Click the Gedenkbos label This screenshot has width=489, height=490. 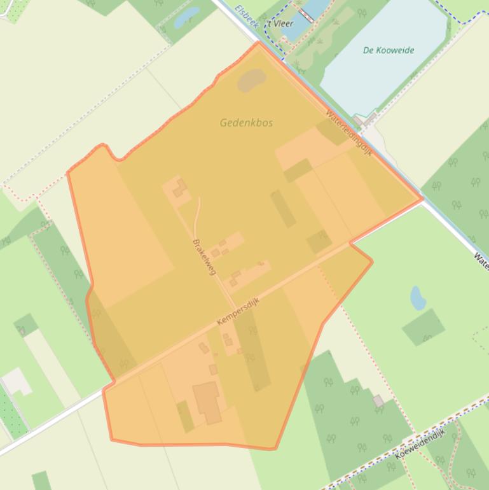point(246,122)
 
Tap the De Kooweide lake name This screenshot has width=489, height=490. point(389,50)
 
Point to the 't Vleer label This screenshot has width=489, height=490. point(280,24)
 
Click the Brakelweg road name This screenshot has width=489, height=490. point(205,256)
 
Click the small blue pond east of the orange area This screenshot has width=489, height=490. point(418,298)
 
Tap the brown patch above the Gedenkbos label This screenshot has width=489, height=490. point(252,80)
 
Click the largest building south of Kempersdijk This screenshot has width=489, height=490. point(207,402)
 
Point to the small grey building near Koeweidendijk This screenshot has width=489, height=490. point(378,401)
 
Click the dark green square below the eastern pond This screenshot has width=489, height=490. point(424,327)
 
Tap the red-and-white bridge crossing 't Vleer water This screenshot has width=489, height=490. point(306,15)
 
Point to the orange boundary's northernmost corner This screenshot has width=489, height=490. point(258,43)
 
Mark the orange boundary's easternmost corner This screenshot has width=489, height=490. point(422,199)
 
